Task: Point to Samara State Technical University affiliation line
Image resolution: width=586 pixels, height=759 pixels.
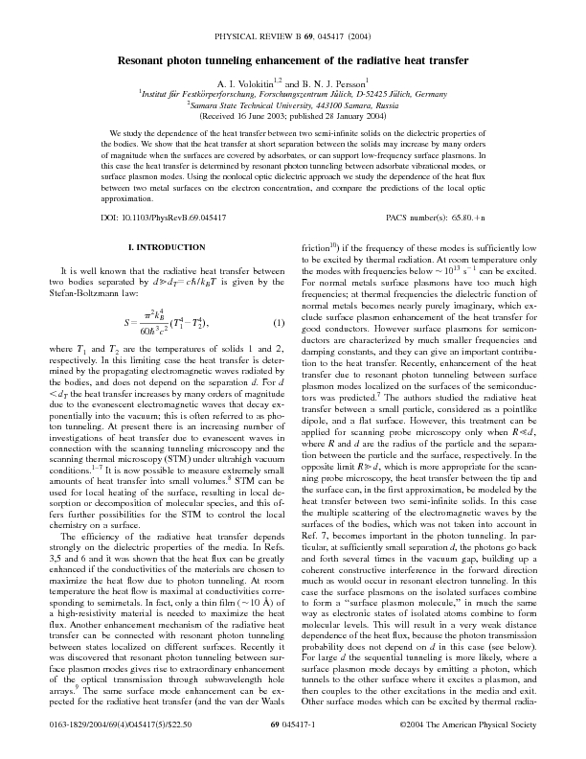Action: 293,105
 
